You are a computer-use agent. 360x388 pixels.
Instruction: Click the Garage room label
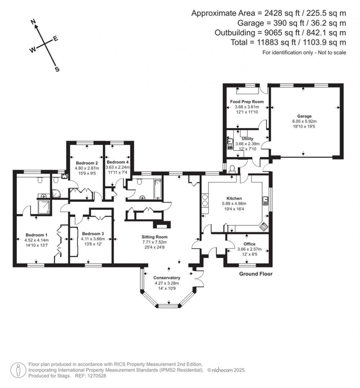[304, 116]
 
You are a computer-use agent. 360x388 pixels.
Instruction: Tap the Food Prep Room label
[247, 102]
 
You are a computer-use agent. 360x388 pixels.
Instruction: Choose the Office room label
[249, 244]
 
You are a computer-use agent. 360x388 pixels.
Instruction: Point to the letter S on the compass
[57, 69]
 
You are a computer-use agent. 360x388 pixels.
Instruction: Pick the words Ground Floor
[256, 274]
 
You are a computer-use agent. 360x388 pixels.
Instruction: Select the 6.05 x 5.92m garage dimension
[304, 121]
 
